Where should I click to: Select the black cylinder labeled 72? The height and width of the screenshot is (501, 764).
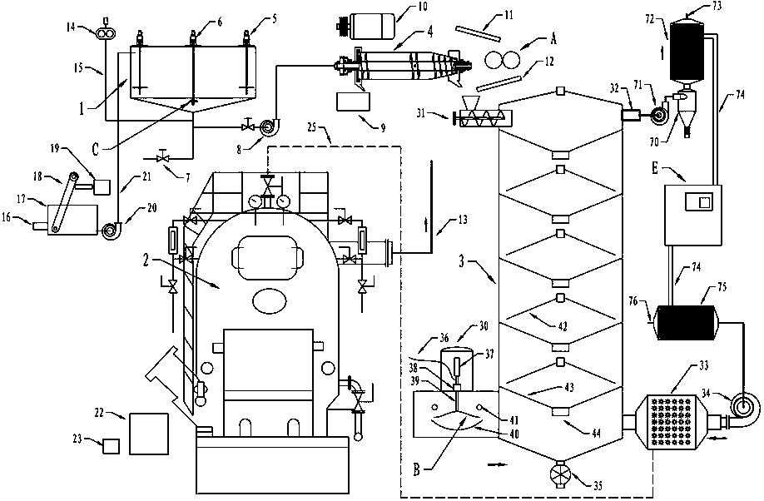click(687, 49)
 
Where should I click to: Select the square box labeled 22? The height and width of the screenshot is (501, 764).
click(147, 430)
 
